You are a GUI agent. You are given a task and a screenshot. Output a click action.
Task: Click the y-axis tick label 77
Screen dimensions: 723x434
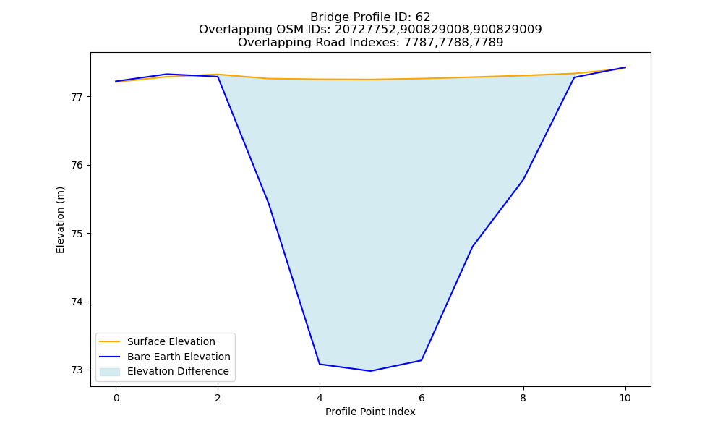76,98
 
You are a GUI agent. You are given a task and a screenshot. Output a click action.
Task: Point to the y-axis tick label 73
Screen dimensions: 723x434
76,370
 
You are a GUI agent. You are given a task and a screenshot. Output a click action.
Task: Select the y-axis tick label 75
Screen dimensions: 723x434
76,234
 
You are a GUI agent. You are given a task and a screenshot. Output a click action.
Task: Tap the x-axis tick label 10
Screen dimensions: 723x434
625,398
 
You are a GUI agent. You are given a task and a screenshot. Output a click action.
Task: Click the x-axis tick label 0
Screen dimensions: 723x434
116,398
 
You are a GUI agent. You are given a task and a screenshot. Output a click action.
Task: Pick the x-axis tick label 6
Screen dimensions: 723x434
422,398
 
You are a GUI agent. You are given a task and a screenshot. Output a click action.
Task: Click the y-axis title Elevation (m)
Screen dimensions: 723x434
60,220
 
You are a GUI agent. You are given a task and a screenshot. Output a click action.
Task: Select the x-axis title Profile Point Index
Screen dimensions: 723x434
370,412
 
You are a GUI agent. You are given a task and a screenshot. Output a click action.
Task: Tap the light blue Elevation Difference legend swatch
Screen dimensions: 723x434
110,372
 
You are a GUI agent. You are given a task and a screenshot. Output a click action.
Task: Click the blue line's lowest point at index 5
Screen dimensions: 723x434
370,371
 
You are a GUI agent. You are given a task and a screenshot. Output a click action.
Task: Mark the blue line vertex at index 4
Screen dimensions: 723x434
320,364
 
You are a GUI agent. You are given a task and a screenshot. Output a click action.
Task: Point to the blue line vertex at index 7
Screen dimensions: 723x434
472,247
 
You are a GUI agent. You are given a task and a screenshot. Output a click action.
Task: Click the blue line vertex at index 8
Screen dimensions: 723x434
523,179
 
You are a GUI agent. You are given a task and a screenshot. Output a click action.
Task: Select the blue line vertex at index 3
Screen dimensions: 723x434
268,203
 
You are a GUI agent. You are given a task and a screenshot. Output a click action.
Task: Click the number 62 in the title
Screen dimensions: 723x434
423,17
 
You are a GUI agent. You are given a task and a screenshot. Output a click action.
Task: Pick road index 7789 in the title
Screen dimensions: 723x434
488,43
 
